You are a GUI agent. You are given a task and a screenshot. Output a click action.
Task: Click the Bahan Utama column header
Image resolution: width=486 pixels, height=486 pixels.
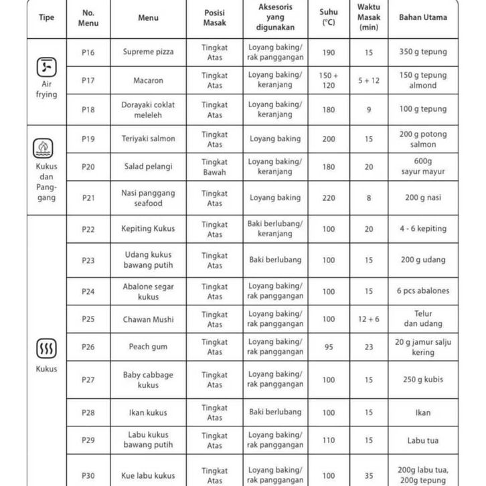[423, 18]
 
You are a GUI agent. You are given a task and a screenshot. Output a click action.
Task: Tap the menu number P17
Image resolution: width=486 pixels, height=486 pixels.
[88, 80]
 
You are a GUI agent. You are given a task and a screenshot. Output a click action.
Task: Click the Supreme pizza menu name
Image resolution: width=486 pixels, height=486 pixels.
[148, 52]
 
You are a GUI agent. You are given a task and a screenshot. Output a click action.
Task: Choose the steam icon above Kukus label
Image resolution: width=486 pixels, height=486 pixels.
[46, 348]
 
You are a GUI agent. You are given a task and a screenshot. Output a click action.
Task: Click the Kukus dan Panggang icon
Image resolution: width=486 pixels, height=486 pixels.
[44, 147]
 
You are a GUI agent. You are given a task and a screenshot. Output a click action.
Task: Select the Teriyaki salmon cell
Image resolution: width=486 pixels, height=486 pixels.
[148, 139]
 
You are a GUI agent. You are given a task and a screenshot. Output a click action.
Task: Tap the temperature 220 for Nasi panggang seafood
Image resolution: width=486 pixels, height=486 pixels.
[329, 197]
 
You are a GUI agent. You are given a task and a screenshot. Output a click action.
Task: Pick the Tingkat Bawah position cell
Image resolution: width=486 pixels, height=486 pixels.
[215, 167]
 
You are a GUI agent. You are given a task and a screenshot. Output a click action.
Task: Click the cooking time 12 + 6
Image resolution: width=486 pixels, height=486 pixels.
[368, 319]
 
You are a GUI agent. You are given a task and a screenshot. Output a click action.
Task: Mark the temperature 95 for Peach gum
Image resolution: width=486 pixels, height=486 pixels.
[329, 347]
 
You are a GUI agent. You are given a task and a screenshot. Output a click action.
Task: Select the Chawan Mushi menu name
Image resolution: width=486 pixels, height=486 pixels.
[148, 319]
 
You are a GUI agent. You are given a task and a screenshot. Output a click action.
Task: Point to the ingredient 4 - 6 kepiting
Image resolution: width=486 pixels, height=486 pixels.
[423, 229]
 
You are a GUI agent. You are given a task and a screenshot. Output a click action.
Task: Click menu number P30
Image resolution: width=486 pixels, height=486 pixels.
[88, 475]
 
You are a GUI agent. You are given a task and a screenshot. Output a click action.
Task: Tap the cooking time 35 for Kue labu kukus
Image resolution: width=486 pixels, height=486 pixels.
[368, 475]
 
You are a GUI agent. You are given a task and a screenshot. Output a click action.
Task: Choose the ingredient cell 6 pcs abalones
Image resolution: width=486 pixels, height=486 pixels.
[423, 291]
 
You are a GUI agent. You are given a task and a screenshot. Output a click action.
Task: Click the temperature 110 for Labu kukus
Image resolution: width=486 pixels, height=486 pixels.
[329, 440]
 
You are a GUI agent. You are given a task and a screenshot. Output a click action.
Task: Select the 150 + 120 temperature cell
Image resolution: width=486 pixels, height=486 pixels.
[329, 80]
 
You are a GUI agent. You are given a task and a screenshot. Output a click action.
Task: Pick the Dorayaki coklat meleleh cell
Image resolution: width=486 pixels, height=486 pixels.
[148, 109]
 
